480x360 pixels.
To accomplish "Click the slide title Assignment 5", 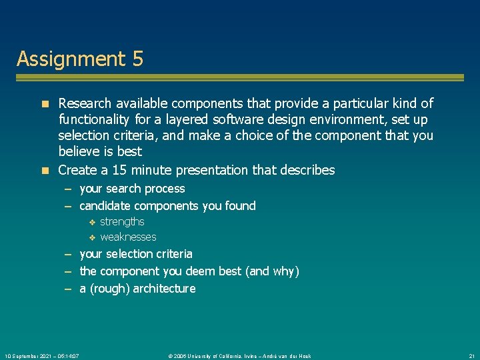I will pos(80,59).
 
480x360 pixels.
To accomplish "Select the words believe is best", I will pos(100,151).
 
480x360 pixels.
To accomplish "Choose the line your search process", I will pos(132,189).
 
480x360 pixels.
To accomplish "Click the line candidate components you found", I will pos(167,206).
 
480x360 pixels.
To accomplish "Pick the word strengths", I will pos(122,221).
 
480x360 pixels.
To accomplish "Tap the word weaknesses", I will pos(128,237).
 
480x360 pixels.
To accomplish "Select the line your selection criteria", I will pos(136,254).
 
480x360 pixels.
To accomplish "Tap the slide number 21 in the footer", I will pos(471,356).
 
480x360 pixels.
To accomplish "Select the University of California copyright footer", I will pos(239,356).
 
